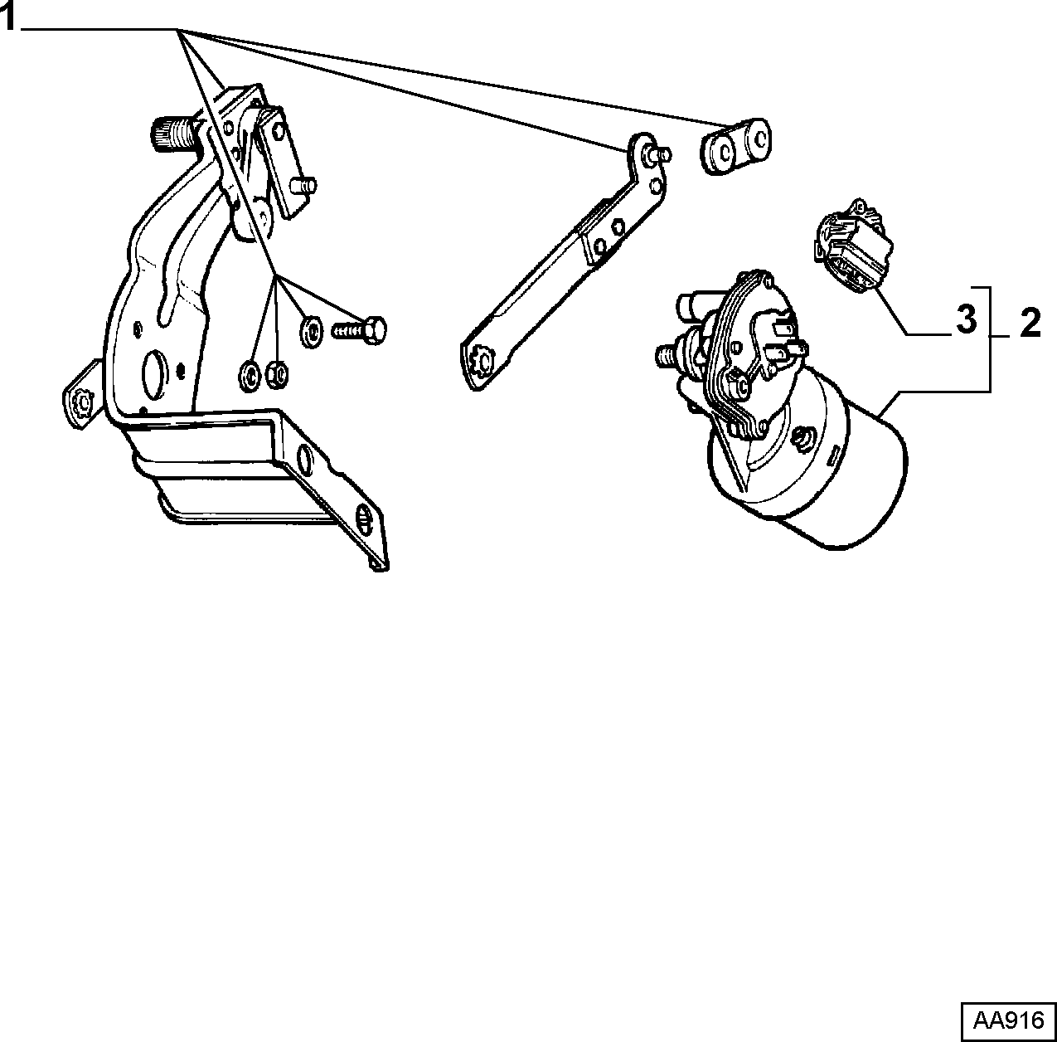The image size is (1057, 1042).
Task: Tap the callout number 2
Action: [x=1030, y=324]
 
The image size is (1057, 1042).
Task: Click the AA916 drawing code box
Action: [x=1008, y=1020]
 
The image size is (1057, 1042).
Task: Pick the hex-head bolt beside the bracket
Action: [x=359, y=330]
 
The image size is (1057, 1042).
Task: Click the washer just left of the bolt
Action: [x=312, y=331]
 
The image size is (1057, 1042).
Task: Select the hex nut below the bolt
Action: [x=277, y=375]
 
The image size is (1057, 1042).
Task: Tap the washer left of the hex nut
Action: [x=250, y=376]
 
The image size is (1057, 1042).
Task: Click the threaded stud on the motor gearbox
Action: [x=668, y=353]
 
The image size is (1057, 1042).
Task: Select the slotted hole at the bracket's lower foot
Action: [x=364, y=519]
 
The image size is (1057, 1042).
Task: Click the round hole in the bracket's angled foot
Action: [x=303, y=459]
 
